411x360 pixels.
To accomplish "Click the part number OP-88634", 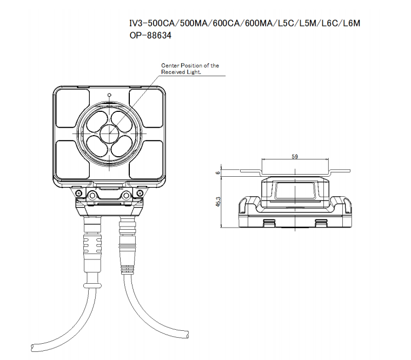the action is (150, 35).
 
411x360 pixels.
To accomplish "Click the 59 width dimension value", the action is (295, 157).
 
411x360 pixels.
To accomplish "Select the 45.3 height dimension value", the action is (218, 202).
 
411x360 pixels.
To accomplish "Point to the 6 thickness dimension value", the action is (218, 173).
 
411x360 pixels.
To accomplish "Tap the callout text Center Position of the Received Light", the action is (190, 69).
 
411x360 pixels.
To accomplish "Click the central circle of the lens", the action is (109, 133).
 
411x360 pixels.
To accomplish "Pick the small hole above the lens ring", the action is (109, 95).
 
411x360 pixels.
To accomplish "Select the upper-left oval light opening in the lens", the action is (97, 121).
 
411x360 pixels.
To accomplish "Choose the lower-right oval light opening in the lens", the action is (121, 145).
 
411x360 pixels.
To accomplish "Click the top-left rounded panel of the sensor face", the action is (73, 109).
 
